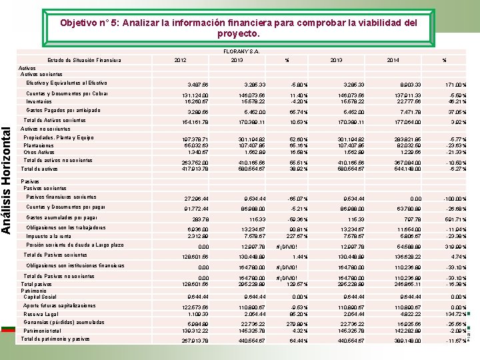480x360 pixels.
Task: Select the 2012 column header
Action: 179,60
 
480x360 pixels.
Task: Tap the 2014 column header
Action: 393,60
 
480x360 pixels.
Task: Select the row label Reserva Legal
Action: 41,314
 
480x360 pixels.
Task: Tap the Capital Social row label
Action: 39,297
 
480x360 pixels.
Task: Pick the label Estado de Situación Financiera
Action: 84,60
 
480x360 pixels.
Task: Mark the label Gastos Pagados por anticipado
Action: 63,110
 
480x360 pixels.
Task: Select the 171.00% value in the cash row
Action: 456,85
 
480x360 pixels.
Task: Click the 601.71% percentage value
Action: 456,219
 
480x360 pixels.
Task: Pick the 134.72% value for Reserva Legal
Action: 456,313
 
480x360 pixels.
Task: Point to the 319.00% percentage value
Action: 456,247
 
